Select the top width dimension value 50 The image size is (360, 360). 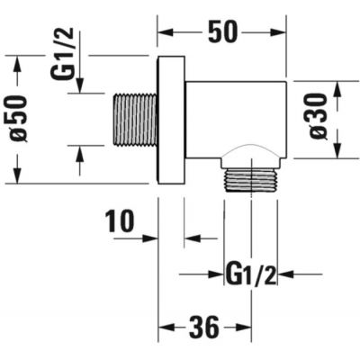click(x=223, y=32)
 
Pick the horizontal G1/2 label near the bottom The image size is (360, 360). click(x=251, y=273)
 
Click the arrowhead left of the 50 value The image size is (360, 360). click(x=166, y=32)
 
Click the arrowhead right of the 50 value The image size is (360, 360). click(x=278, y=32)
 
